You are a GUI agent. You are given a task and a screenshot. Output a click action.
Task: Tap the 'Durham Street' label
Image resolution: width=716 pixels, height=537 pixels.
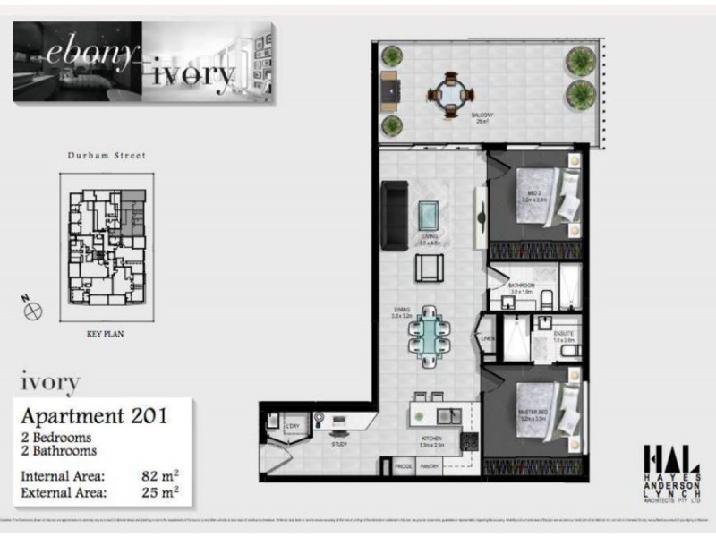(107, 155)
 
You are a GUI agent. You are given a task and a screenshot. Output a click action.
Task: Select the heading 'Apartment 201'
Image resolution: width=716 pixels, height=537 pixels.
(94, 415)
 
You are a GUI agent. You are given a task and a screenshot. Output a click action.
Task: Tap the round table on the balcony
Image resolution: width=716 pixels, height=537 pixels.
(446, 91)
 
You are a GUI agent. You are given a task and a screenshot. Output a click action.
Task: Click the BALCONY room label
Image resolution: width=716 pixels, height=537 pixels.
(483, 115)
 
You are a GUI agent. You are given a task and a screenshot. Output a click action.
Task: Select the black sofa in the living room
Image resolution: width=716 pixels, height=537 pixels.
(395, 216)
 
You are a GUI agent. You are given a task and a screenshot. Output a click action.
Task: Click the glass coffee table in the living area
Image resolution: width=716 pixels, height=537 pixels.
(429, 214)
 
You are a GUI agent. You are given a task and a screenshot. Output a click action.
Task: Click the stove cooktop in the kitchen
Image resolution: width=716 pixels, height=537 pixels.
(466, 442)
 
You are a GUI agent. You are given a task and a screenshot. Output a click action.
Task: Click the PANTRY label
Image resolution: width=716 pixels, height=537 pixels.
(429, 466)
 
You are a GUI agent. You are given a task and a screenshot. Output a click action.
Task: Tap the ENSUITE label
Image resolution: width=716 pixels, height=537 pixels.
(563, 335)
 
